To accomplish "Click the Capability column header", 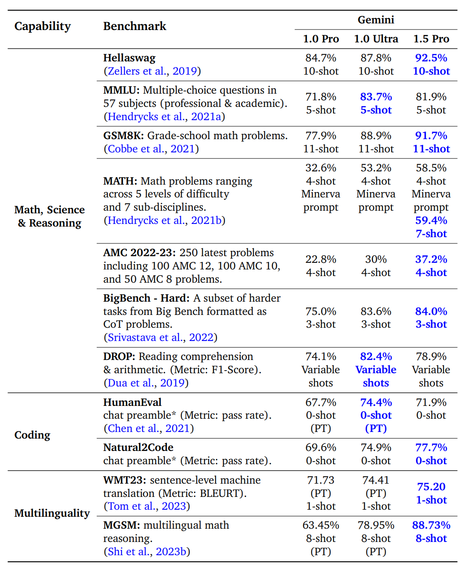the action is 42,27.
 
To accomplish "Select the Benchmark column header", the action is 135,26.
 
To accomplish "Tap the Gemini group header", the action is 376,20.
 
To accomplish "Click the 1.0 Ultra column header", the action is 376,38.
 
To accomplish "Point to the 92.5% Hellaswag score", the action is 431,58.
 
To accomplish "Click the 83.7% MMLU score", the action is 376,97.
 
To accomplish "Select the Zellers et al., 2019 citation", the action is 152,71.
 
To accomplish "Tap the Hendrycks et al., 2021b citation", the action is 165,220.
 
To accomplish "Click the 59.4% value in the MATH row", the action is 431,220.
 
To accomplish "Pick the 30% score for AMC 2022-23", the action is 376,259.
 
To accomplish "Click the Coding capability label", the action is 32,435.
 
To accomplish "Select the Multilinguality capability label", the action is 52,513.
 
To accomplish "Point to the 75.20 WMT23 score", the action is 431,487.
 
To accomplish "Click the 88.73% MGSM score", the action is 431,525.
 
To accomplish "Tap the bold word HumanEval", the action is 132,402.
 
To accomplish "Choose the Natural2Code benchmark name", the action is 138,447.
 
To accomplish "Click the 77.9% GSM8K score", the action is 321,136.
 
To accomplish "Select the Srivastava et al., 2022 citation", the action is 160,337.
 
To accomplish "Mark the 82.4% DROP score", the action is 376,356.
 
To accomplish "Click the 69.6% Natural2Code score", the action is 321,447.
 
